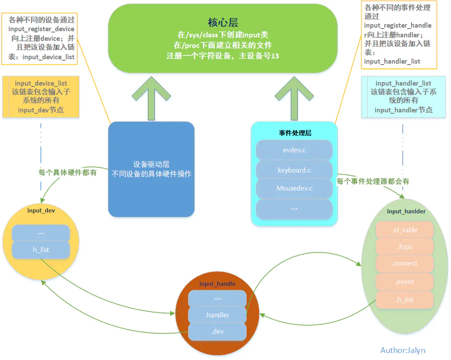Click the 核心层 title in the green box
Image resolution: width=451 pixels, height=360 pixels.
(x=222, y=23)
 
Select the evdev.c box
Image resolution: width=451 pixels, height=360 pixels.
(x=294, y=150)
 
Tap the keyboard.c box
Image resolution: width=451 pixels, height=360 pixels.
(x=294, y=170)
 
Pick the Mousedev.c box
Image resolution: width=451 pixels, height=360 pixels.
(x=294, y=188)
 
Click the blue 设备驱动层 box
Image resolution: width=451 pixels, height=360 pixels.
(x=151, y=169)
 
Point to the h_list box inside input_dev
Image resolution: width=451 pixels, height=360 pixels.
(x=41, y=249)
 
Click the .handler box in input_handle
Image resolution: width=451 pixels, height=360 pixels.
(x=217, y=315)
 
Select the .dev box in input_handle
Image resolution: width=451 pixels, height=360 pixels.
(x=217, y=331)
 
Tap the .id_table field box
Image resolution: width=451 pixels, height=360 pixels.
(x=404, y=230)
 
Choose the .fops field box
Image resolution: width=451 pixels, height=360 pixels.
(x=404, y=247)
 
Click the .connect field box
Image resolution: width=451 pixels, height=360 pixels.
(x=404, y=263)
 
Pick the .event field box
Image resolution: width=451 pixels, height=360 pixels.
(x=404, y=282)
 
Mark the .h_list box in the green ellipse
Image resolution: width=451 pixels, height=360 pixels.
(x=404, y=300)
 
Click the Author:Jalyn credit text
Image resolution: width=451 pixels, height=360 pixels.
(x=403, y=350)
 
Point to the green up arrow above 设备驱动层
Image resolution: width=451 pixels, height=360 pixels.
(x=151, y=97)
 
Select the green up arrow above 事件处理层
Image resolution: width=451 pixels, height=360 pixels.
(x=294, y=97)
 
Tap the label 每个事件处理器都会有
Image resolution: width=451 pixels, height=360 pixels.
(x=373, y=181)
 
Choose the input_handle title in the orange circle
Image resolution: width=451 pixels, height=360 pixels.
(x=217, y=284)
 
